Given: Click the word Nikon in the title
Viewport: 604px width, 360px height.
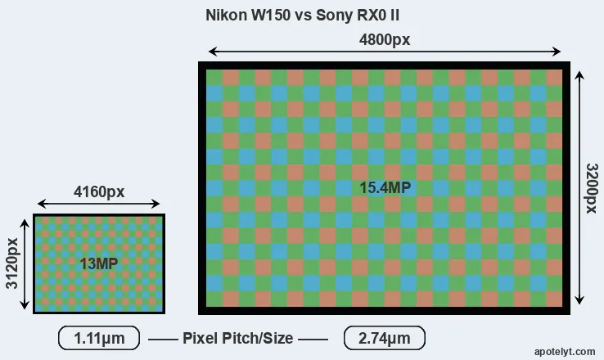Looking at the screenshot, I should [224, 15].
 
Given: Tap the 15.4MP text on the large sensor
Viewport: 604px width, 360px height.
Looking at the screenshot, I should [385, 187].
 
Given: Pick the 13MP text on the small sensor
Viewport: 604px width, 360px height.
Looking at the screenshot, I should [98, 263].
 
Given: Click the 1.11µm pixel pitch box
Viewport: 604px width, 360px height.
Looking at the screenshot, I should [99, 338].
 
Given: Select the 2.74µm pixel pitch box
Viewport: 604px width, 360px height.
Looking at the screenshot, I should [384, 338].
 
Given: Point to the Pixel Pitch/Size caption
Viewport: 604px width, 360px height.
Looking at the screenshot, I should [237, 338].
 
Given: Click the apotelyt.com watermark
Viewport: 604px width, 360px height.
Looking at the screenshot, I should [565, 351].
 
